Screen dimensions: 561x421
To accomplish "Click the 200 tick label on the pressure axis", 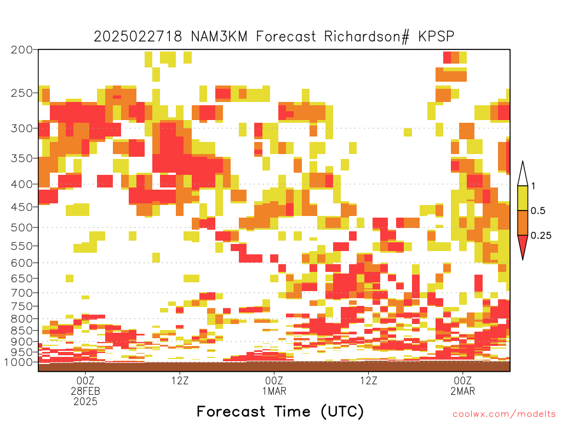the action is (22, 50).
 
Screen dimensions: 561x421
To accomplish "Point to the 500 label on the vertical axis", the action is (22, 227).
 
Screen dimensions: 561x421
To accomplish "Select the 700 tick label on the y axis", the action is (22, 293).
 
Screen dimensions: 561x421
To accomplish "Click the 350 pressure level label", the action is (22, 158).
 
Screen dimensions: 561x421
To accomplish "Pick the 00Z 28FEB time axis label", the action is (85, 385).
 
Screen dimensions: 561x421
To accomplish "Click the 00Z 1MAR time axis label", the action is (274, 385).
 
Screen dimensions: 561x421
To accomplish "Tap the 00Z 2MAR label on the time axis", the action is (462, 385).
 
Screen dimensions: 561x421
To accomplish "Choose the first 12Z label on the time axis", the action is (180, 380).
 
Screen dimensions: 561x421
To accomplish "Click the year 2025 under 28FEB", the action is (85, 402).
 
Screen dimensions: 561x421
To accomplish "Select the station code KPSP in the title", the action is (436, 37).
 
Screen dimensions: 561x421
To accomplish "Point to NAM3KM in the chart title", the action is (219, 37).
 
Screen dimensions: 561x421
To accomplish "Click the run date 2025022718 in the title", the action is (138, 37).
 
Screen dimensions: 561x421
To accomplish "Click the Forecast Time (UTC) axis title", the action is (280, 412).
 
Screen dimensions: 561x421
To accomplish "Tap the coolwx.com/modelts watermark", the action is (504, 414).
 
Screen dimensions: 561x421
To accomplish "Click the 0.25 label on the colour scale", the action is (541, 236).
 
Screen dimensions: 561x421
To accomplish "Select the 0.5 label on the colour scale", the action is (538, 211).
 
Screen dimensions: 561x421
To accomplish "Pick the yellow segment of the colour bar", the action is (523, 198).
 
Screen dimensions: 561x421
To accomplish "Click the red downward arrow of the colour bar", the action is (523, 245).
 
